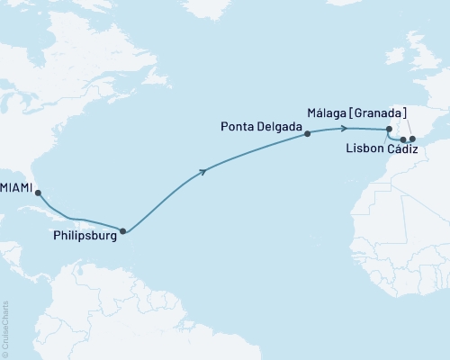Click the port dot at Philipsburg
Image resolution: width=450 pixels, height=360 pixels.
click(x=123, y=231)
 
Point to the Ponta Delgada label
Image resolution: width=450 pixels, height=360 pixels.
click(x=263, y=128)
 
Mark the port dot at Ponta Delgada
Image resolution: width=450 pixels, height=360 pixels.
click(x=308, y=134)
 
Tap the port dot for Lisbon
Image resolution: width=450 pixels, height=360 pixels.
click(x=388, y=130)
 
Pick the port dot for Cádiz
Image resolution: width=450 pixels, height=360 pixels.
click(x=403, y=139)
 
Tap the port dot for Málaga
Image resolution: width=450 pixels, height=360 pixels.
click(x=412, y=139)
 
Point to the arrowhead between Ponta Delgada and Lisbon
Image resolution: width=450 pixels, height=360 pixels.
click(x=346, y=129)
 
